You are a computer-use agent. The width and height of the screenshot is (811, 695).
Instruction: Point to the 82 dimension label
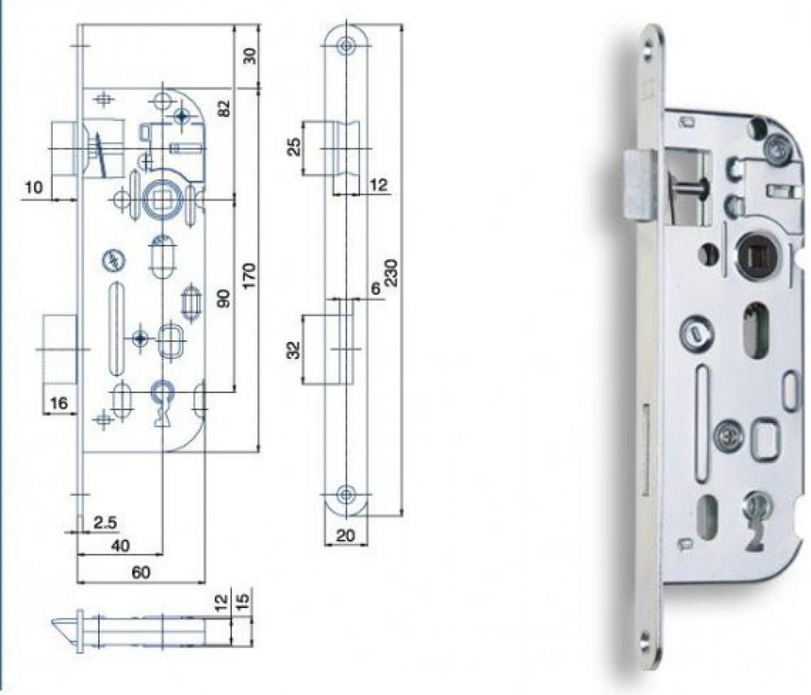(x=225, y=107)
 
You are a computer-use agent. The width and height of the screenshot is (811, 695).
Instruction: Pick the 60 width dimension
(x=141, y=572)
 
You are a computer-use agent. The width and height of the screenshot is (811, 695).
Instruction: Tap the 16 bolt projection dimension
(x=58, y=403)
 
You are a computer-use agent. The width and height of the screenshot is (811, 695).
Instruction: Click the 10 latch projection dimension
(x=34, y=188)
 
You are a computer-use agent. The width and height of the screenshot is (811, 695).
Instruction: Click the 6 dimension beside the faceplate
(x=375, y=288)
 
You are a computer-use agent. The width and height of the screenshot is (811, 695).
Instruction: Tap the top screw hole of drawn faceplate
(x=347, y=45)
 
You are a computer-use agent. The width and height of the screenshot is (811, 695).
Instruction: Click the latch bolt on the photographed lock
(x=640, y=185)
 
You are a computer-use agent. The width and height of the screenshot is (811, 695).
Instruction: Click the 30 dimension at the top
(x=250, y=55)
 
